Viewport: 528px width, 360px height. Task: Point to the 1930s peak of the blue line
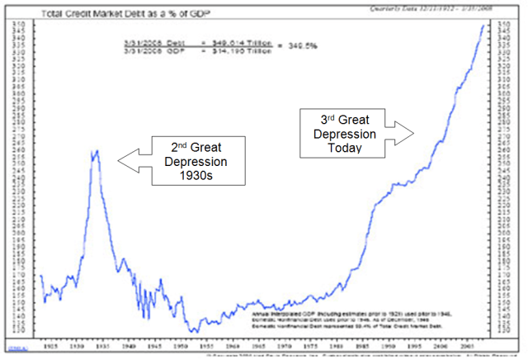pos(96,151)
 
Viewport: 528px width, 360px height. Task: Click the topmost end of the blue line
pos(483,26)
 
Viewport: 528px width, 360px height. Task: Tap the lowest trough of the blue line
pos(195,331)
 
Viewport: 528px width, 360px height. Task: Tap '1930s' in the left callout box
pos(201,176)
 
